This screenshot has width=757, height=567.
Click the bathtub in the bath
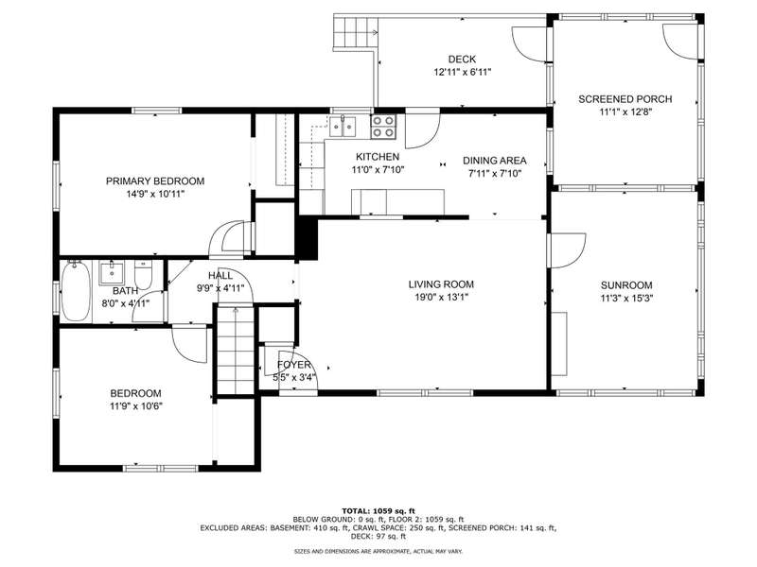tap(77, 291)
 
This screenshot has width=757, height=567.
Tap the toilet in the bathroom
tap(143, 274)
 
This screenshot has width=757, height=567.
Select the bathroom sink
tap(112, 273)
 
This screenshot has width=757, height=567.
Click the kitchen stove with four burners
tap(383, 127)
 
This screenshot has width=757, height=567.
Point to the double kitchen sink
tap(343, 126)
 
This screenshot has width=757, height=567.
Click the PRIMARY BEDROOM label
tap(155, 181)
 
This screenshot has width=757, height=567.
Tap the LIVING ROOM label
tap(441, 284)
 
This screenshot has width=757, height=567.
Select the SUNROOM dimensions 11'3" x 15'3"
tap(626, 299)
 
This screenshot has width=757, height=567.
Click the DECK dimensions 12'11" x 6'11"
tap(462, 73)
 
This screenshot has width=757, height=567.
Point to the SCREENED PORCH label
tap(625, 99)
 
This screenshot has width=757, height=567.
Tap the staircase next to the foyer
tap(236, 350)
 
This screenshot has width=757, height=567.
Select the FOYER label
tap(294, 365)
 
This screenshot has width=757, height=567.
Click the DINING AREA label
tap(494, 161)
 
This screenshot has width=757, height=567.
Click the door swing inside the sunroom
tap(568, 250)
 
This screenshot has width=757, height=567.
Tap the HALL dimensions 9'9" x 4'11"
tap(220, 288)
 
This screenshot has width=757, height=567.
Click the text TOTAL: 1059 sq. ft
tap(378, 511)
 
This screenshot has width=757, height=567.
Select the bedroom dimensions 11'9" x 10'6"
tap(135, 406)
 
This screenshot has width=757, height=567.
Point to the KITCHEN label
tap(378, 157)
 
